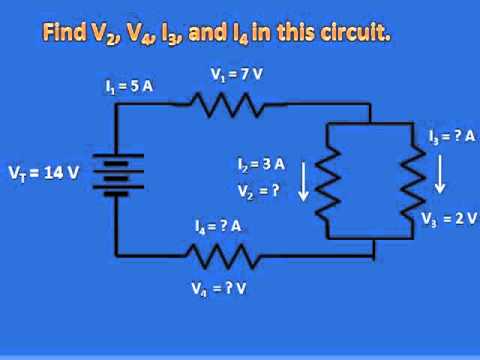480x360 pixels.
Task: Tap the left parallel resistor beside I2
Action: pyautogui.click(x=331, y=179)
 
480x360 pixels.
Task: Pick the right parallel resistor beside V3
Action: pyautogui.click(x=412, y=179)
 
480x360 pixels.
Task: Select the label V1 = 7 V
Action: pyautogui.click(x=236, y=73)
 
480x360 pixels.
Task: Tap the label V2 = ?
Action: pyautogui.click(x=258, y=188)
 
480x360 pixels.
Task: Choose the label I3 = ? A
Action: pyautogui.click(x=446, y=136)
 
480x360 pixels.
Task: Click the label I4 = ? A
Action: pyautogui.click(x=219, y=226)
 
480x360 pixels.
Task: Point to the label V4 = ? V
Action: pyautogui.click(x=219, y=289)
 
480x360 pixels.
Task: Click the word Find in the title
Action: pyautogui.click(x=65, y=33)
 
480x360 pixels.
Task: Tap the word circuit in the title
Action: pyautogui.click(x=354, y=33)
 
